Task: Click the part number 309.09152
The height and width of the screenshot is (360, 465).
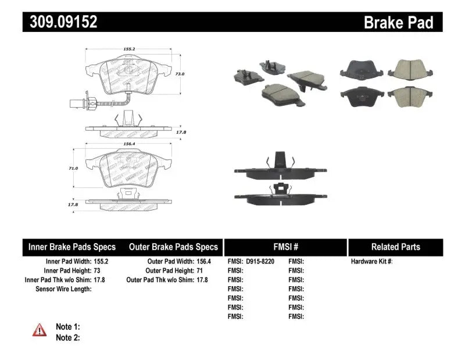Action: pyautogui.click(x=60, y=22)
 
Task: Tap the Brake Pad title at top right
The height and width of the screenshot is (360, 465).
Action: pyautogui.click(x=398, y=23)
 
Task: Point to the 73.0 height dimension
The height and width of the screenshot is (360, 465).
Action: pyautogui.click(x=180, y=74)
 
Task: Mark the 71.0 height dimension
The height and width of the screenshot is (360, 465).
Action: pyautogui.click(x=73, y=168)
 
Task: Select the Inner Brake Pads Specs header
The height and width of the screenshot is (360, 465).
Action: pyautogui.click(x=72, y=247)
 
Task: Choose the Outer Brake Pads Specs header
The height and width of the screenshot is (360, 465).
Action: pyautogui.click(x=173, y=247)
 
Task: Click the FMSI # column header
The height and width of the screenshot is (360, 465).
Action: pyautogui.click(x=285, y=247)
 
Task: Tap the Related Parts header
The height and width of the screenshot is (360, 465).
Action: pyautogui.click(x=395, y=247)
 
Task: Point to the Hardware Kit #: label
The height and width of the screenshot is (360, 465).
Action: pyautogui.click(x=372, y=262)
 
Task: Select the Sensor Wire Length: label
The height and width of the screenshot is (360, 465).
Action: pyautogui.click(x=63, y=289)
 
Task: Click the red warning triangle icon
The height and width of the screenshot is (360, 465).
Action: pyautogui.click(x=38, y=330)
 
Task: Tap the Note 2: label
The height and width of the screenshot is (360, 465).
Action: pyautogui.click(x=67, y=337)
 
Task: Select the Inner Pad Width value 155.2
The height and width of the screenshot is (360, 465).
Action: pyautogui.click(x=103, y=262)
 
